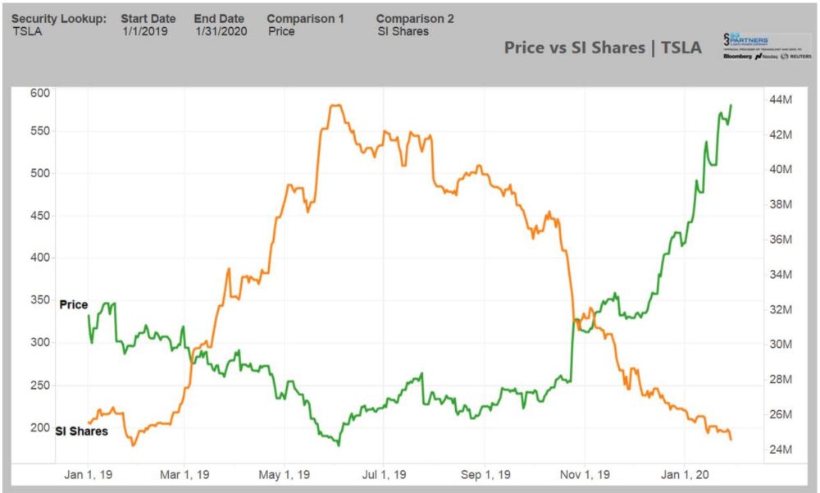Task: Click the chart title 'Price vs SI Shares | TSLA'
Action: tap(602, 48)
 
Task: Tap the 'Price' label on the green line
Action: tap(73, 304)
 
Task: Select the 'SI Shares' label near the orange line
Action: tap(81, 431)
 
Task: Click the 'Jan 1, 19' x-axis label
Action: tap(89, 474)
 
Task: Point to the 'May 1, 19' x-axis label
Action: tap(283, 474)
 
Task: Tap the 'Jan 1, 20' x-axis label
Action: tap(683, 474)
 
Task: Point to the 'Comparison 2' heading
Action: tap(415, 18)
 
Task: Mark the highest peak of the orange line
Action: tap(335, 105)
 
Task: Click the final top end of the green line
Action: tap(731, 105)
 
